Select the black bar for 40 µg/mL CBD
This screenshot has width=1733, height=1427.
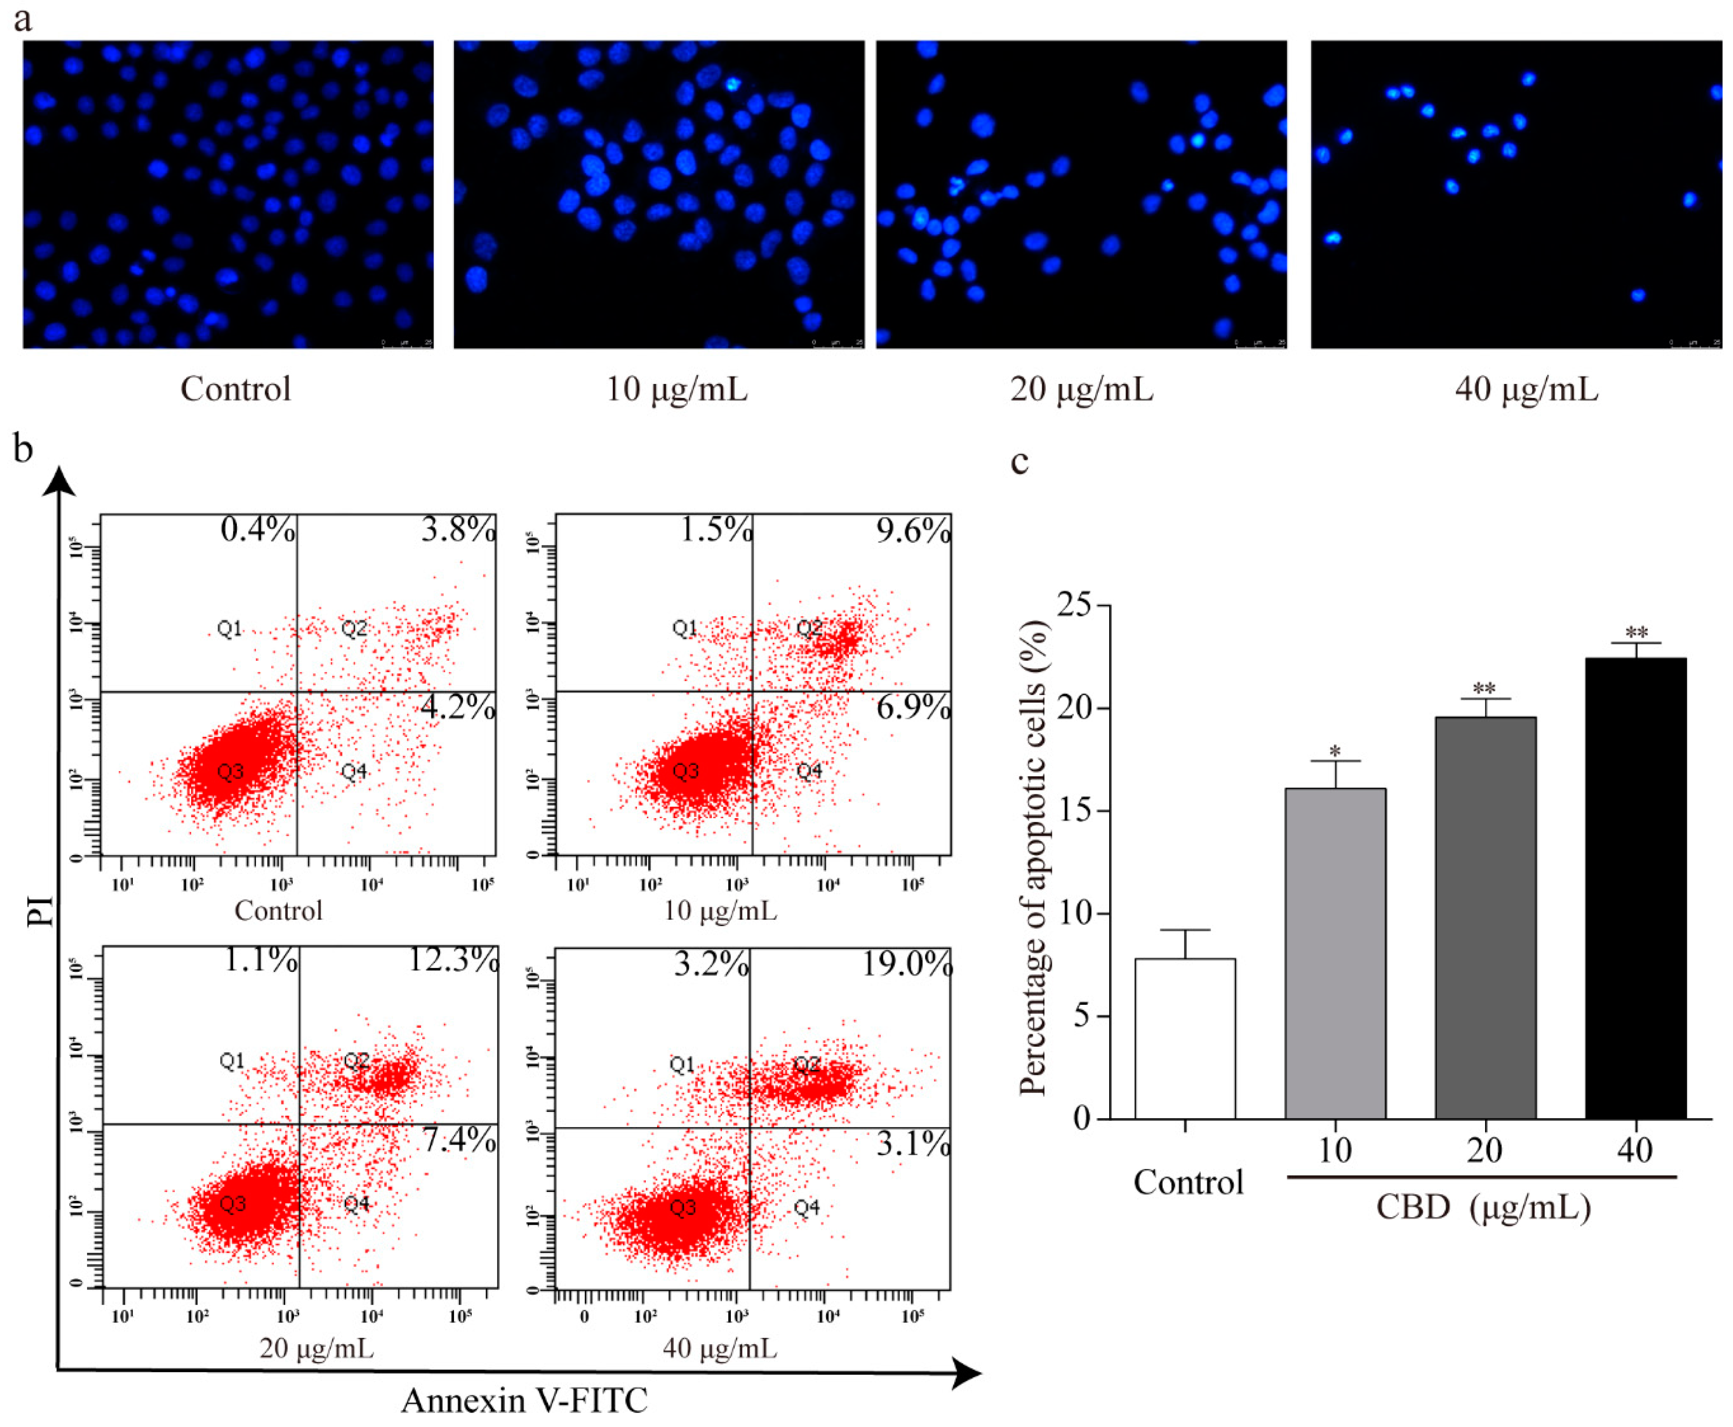[1635, 888]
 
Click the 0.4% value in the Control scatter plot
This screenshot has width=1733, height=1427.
[257, 529]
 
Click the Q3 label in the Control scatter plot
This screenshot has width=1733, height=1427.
[230, 771]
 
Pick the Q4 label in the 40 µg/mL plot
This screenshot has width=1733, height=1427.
[806, 1207]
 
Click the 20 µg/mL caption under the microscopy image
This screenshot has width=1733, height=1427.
[1081, 389]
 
